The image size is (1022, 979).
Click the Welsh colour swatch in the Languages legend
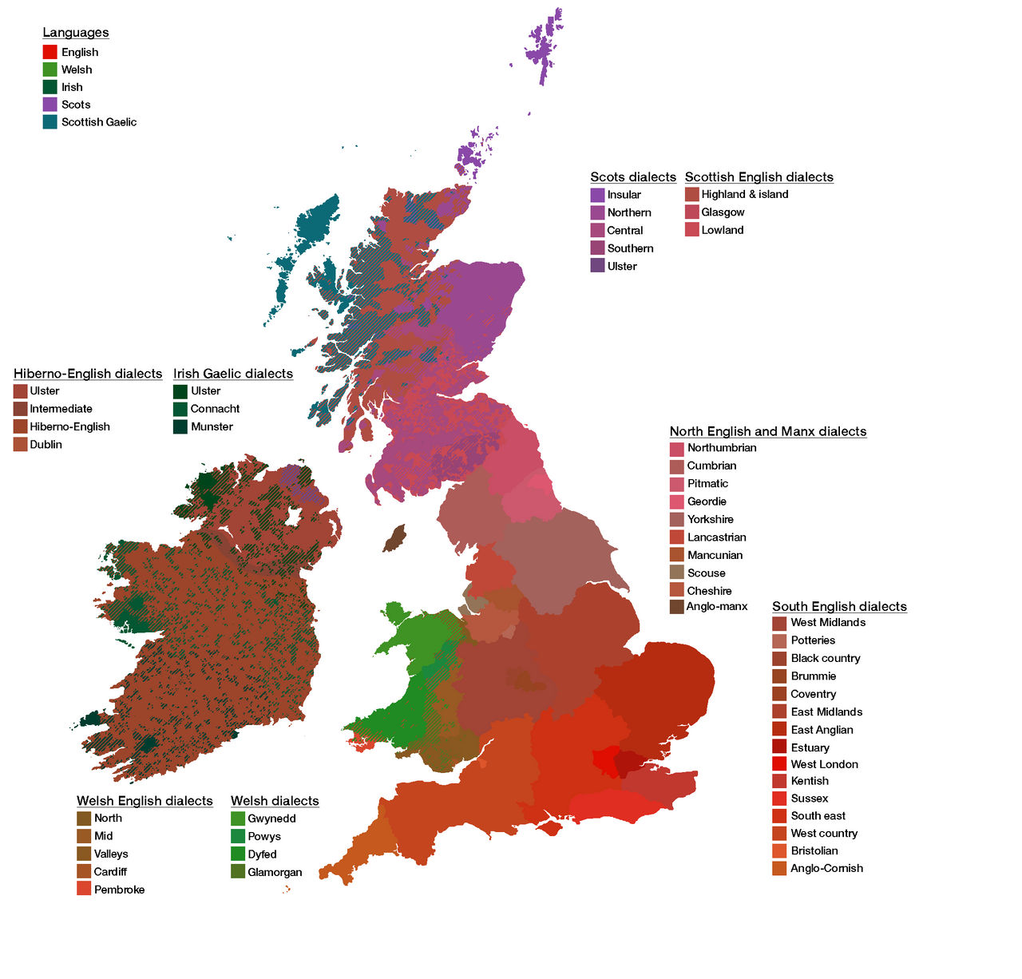coord(50,69)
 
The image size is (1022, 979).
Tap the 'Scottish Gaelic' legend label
coord(98,122)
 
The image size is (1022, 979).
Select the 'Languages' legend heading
coord(76,33)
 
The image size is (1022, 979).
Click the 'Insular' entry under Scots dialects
coord(624,195)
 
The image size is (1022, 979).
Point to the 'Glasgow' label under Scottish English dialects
coord(723,212)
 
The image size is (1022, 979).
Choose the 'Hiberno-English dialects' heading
coord(88,374)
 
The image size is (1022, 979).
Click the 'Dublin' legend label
coord(46,445)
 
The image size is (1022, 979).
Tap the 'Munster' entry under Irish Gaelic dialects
coord(212,427)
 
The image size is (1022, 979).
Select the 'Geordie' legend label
coord(707,501)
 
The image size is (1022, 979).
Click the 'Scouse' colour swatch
coord(676,573)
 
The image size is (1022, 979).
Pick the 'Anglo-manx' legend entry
coord(717,607)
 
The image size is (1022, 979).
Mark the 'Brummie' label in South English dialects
coord(813,676)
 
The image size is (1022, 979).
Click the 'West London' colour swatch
coord(779,764)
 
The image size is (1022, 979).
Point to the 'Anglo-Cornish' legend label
coord(826,869)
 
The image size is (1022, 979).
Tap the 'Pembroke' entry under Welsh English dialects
coord(119,890)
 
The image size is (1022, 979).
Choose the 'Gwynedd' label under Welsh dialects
coord(271,818)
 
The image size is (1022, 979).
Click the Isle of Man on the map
coord(394,538)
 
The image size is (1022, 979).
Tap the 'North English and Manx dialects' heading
coord(767,432)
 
